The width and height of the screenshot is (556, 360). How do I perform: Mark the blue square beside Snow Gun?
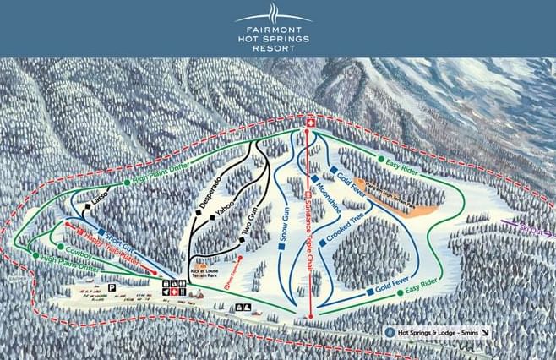281,249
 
